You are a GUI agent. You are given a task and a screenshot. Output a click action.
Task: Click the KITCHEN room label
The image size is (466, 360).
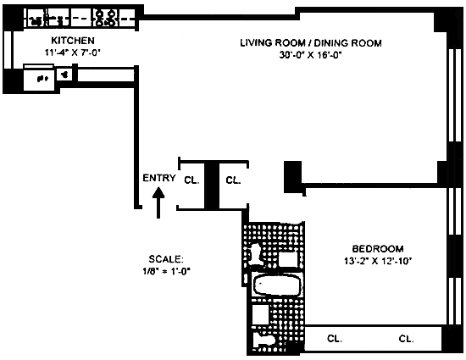click(73, 40)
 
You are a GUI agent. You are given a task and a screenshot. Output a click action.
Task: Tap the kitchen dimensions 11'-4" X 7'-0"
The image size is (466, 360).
click(73, 53)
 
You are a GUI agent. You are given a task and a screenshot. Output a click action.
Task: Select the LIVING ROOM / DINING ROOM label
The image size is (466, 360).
click(311, 43)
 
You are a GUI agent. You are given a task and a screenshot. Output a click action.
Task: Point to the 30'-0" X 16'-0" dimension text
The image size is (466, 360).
click(311, 55)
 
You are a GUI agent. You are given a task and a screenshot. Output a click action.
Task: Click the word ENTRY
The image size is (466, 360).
click(159, 178)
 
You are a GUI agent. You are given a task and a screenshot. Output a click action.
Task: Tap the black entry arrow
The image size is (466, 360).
click(158, 202)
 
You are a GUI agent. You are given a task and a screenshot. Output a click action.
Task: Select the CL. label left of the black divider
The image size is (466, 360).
click(191, 180)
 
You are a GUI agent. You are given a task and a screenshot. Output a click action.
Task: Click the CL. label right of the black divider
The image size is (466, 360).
click(233, 180)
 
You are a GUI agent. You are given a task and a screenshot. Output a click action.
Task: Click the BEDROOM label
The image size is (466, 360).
click(378, 249)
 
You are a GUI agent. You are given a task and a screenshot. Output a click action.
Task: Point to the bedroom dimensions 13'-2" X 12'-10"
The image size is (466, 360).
click(378, 261)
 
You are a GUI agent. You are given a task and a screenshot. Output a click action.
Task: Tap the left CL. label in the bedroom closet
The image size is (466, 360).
click(335, 339)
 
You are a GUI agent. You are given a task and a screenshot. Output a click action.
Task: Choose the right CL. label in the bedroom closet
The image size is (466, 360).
click(406, 339)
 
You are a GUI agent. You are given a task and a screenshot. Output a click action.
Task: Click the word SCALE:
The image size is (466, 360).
click(166, 259)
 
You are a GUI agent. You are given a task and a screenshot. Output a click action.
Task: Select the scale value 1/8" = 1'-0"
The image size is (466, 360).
click(166, 271)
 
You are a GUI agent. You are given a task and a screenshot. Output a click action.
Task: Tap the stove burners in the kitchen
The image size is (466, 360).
click(106, 18)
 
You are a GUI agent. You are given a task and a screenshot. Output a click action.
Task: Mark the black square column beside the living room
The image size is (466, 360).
click(293, 177)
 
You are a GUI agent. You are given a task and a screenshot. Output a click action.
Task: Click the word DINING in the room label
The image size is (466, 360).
click(330, 43)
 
